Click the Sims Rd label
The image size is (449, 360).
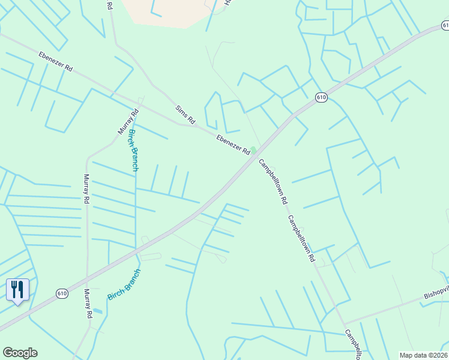185,115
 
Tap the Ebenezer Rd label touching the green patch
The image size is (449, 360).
233,146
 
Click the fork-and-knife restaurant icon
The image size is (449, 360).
17,290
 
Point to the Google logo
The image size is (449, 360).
20,353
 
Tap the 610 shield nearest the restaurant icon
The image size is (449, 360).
62,293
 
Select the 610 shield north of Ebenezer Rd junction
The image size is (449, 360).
321,97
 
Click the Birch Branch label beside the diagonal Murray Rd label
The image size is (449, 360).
134,151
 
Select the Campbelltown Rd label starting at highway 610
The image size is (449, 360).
272,182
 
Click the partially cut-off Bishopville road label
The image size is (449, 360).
436,295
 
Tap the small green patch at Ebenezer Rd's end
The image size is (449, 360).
253,150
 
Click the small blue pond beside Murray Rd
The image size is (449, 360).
97,311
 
